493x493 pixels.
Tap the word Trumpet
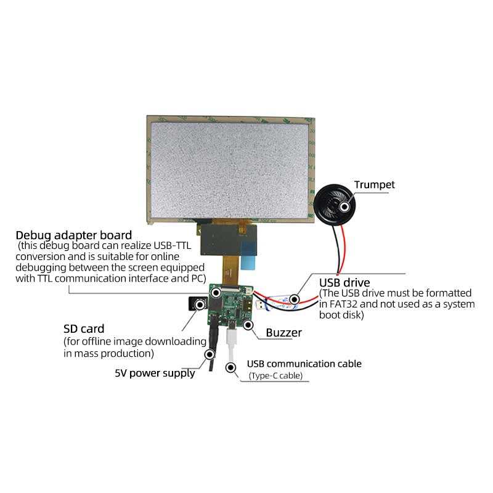tap(374, 185)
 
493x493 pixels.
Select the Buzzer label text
tap(283, 333)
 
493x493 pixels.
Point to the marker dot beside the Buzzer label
tap(248, 324)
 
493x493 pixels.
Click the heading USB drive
tap(344, 283)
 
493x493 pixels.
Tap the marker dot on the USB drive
tap(295, 300)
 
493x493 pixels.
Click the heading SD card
tap(84, 328)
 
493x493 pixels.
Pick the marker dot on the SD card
tap(200, 303)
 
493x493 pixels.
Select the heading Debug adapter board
tap(73, 235)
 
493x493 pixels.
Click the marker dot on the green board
tap(216, 293)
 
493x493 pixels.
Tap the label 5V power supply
tap(155, 373)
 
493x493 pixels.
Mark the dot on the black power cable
tap(210, 354)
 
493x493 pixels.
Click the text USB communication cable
tap(304, 364)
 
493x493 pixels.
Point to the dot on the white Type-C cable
tap(231, 368)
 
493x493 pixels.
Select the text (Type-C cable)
tap(275, 376)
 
